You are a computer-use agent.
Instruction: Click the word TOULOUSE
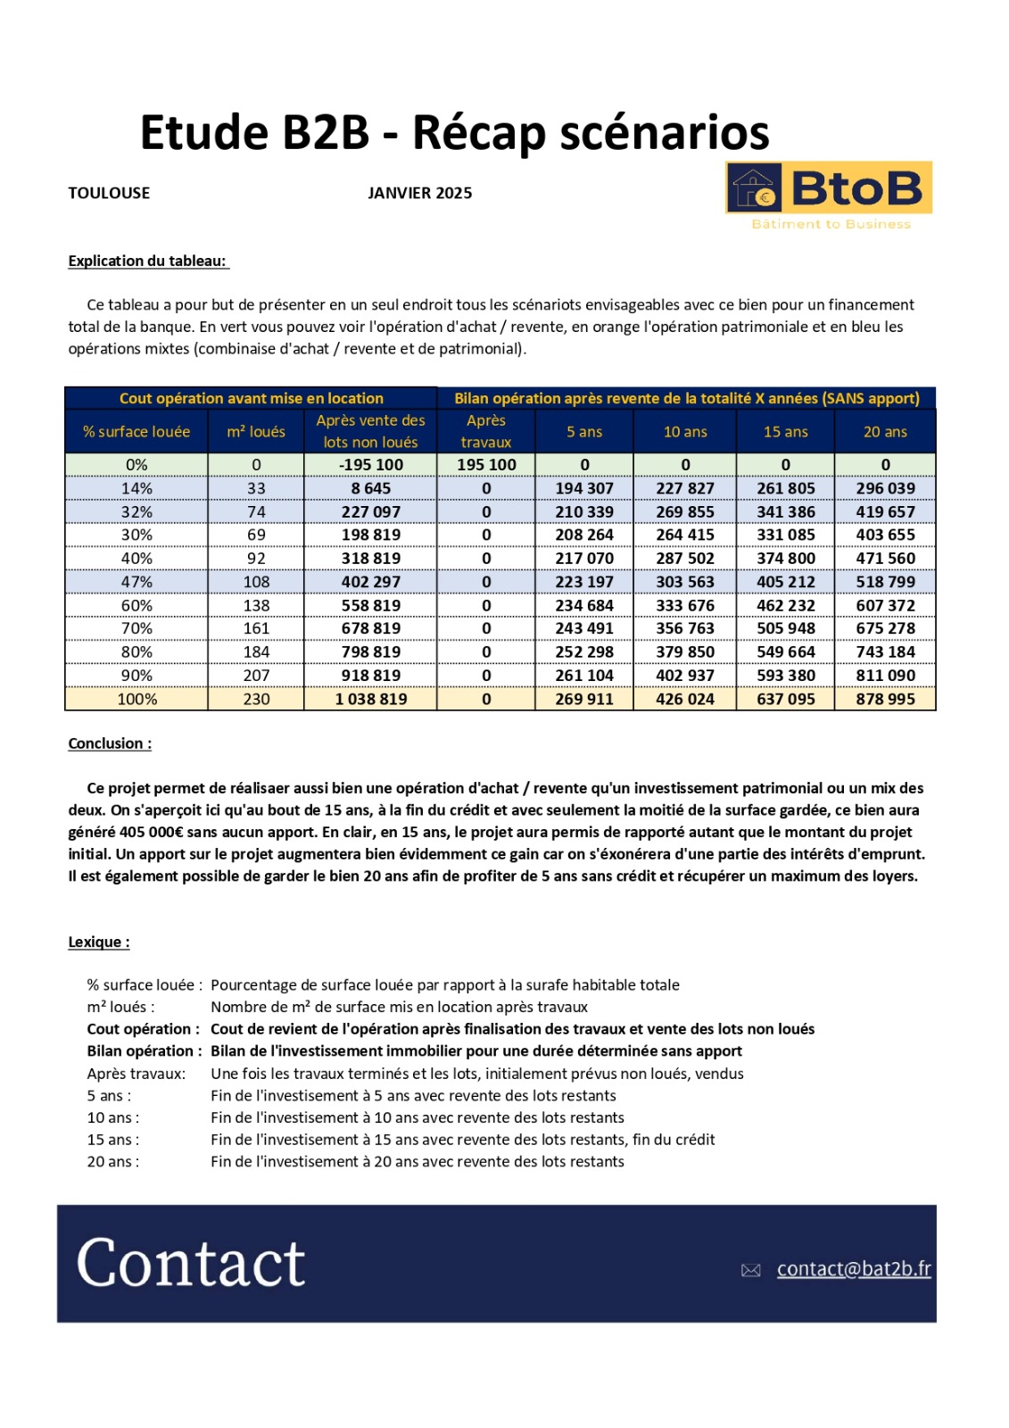(109, 193)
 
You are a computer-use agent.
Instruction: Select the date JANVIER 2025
(419, 193)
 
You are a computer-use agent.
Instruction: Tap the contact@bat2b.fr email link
(853, 1268)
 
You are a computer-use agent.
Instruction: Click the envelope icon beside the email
(750, 1270)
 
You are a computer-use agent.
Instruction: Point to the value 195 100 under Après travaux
(486, 465)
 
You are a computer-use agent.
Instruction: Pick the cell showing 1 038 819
(370, 699)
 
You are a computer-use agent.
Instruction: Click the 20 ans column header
(885, 432)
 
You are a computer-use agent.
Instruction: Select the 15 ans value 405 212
(785, 582)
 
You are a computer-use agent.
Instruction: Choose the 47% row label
(136, 582)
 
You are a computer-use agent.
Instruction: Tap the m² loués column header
(256, 432)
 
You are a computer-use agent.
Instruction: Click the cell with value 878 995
(885, 699)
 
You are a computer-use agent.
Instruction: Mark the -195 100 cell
(370, 465)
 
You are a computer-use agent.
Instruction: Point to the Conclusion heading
(110, 743)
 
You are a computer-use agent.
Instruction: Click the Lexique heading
(99, 942)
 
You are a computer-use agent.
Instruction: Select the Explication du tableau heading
(148, 261)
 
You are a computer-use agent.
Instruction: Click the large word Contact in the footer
(191, 1263)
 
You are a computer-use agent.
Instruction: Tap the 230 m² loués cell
(256, 699)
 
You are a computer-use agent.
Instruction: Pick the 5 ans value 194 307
(584, 488)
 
